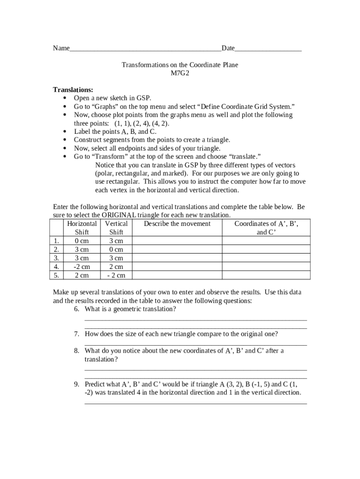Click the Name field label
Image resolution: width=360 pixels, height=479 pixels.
tap(61, 49)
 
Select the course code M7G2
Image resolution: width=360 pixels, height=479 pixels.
tap(180, 73)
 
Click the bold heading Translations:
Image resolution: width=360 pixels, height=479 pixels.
tap(73, 90)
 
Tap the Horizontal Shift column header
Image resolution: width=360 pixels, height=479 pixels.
tap(82, 228)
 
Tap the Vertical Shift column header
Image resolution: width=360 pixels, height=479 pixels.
tap(116, 228)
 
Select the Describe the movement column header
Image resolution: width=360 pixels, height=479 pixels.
tap(177, 224)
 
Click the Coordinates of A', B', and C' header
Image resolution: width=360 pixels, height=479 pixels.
tap(266, 228)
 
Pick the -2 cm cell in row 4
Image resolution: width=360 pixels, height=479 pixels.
tap(82, 267)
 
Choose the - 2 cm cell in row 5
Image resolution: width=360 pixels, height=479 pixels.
tap(116, 276)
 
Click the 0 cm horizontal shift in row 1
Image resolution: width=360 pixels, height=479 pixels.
tap(82, 241)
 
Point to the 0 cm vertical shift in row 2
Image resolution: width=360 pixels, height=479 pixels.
tap(116, 249)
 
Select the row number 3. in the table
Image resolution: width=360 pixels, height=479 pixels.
tap(56, 258)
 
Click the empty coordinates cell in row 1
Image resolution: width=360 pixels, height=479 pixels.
tap(266, 241)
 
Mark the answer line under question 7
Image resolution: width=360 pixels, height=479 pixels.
tap(195, 345)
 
